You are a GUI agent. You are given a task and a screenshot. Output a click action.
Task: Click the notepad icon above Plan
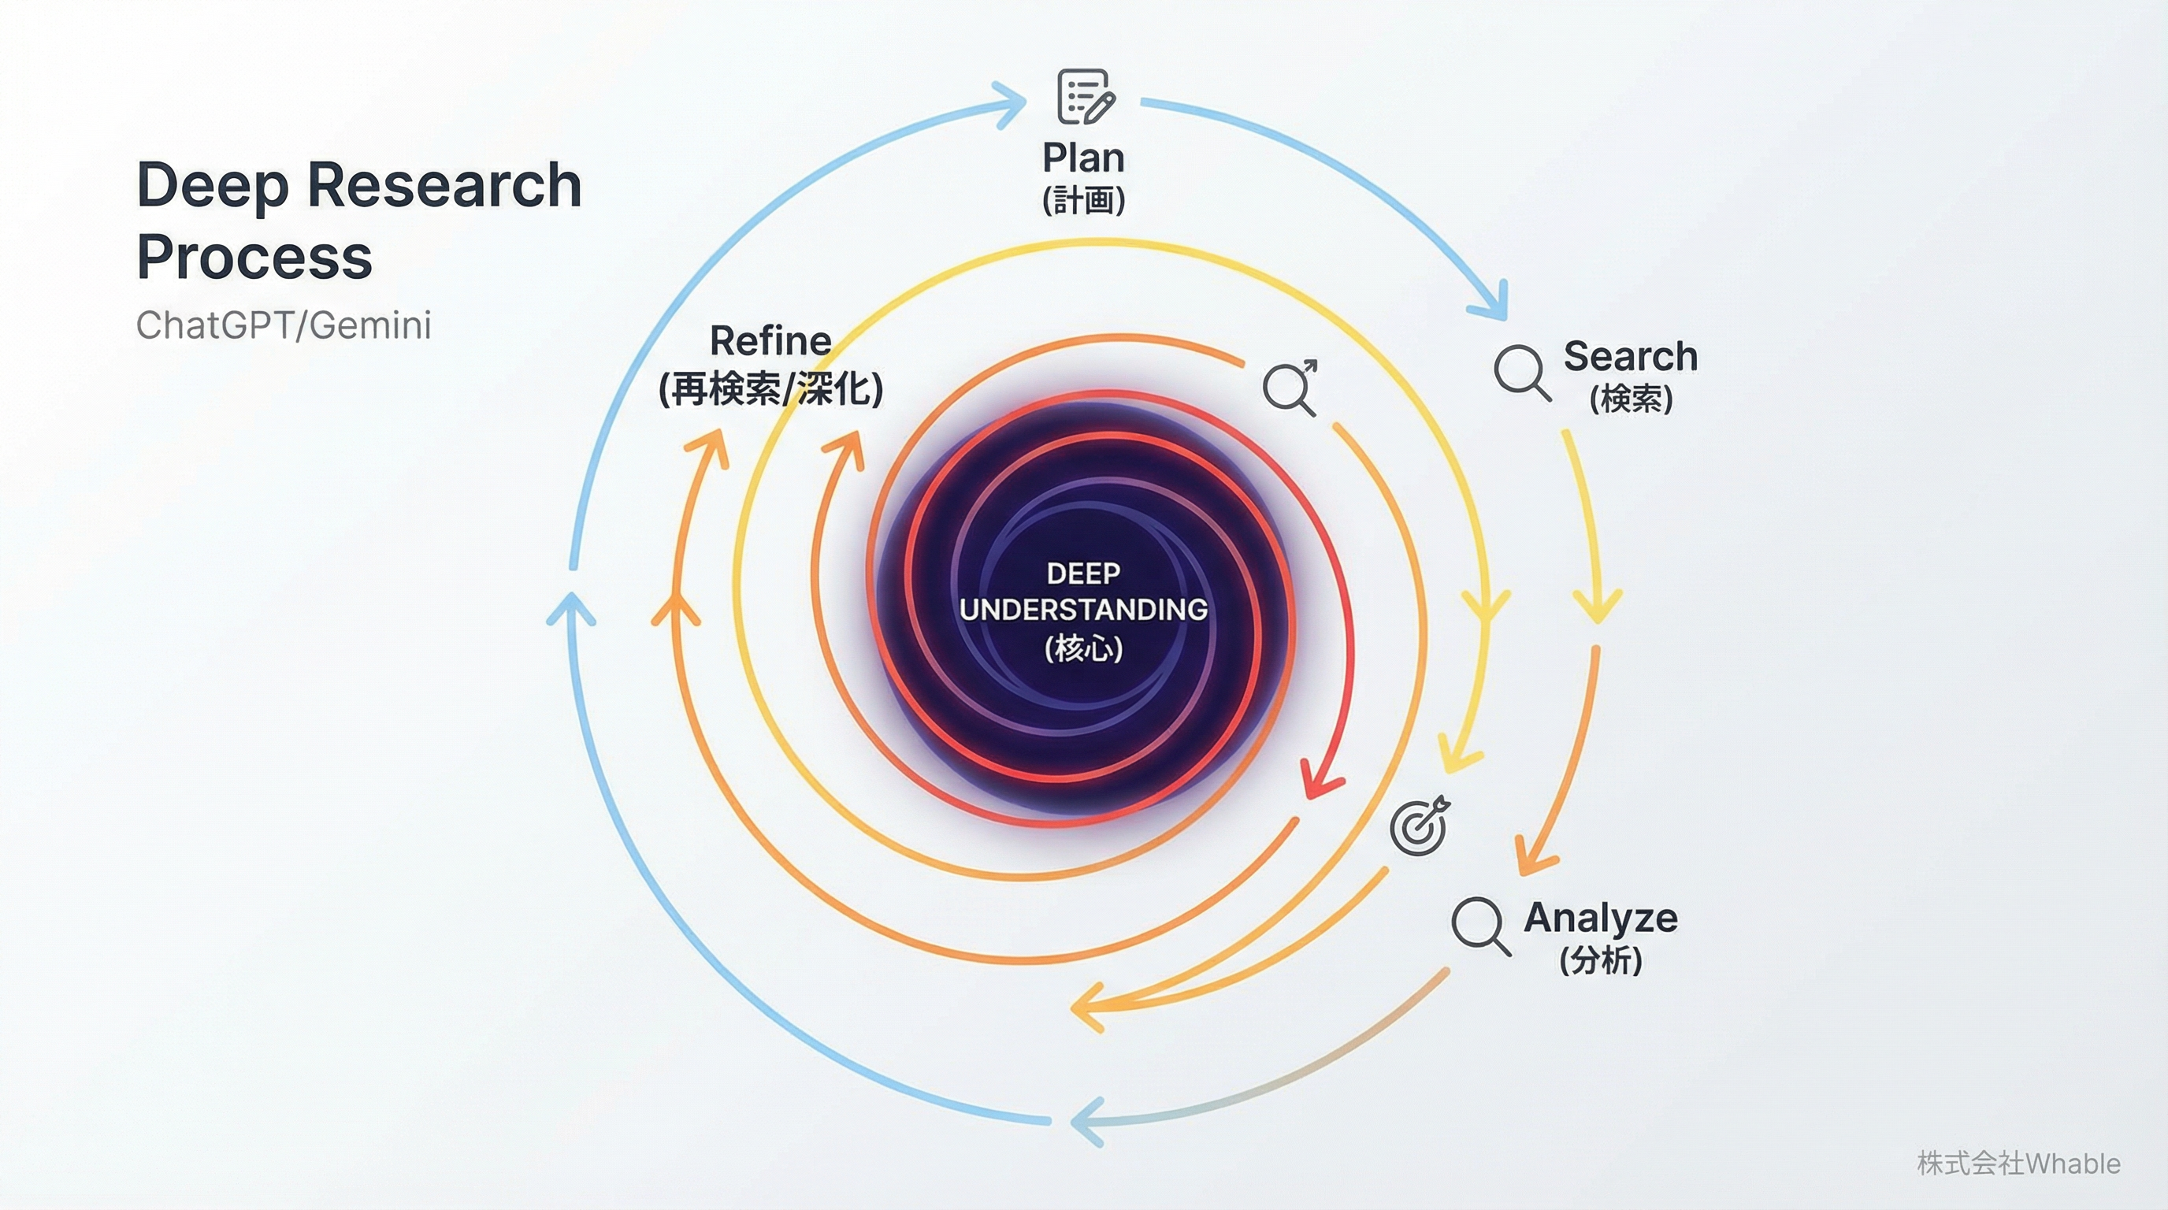1085,97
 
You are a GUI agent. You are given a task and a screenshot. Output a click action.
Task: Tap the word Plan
1083,158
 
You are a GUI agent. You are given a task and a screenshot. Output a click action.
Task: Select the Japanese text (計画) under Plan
1083,200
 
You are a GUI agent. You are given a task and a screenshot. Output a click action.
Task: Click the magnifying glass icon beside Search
1522,372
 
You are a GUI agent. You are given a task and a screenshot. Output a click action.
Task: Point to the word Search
1630,356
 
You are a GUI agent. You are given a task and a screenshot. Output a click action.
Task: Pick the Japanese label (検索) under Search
1630,399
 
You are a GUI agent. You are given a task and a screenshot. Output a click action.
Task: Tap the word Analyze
1600,917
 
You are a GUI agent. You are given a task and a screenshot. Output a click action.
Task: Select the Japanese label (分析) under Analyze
1600,960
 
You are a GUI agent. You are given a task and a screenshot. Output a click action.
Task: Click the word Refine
770,341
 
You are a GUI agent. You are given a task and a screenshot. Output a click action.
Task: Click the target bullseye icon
1420,826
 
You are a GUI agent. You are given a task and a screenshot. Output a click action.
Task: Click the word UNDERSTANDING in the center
1083,609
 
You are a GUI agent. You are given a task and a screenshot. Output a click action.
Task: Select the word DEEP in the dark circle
1083,573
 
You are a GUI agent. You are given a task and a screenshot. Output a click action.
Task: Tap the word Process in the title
254,257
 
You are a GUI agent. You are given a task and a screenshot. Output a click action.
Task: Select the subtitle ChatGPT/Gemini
284,325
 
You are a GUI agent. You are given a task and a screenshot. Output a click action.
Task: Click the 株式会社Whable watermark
2018,1164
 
